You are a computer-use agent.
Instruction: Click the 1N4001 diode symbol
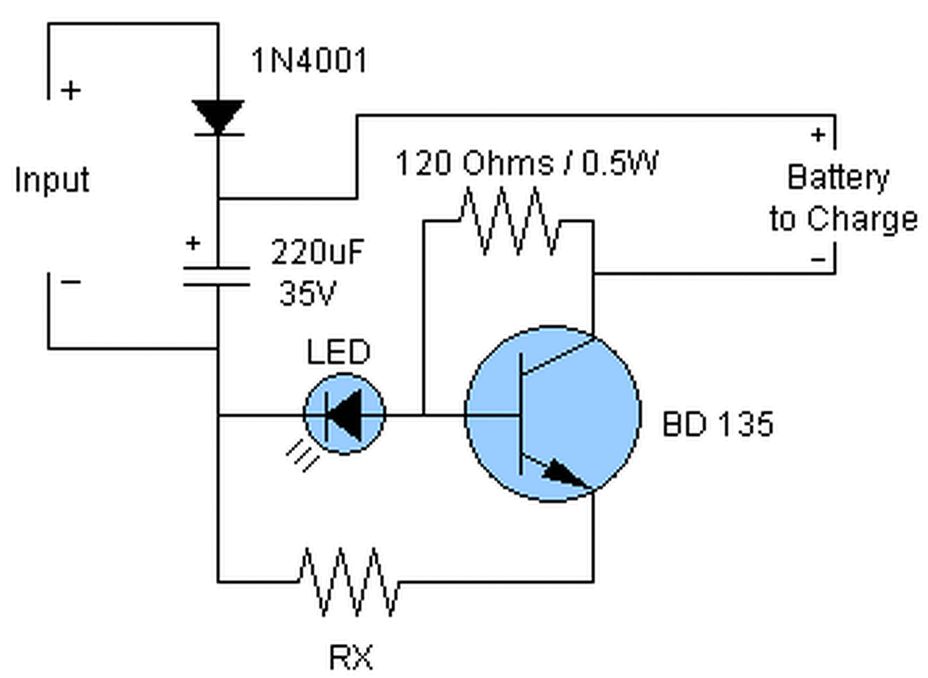tap(218, 117)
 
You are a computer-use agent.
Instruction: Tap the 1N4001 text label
tap(310, 61)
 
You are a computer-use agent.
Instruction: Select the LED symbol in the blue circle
tap(344, 414)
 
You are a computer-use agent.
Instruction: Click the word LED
tap(338, 352)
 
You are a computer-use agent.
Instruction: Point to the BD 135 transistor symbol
tap(553, 414)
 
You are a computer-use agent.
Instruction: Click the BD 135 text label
tap(718, 424)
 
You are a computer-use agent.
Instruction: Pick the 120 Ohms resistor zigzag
tap(510, 221)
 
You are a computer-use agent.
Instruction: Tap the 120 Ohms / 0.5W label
tap(527, 163)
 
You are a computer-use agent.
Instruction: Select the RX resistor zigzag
tap(349, 582)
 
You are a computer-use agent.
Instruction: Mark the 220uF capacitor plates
tap(217, 276)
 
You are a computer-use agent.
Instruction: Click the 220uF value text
tap(318, 252)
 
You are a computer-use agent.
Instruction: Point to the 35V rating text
tap(308, 293)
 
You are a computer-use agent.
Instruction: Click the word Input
tap(52, 181)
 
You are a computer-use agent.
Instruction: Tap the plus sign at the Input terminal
tap(71, 90)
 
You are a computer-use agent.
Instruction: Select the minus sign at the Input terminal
tap(71, 282)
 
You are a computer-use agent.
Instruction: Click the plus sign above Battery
tap(818, 135)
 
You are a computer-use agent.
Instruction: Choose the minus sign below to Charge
tap(818, 260)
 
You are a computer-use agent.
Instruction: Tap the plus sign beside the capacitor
tap(193, 242)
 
